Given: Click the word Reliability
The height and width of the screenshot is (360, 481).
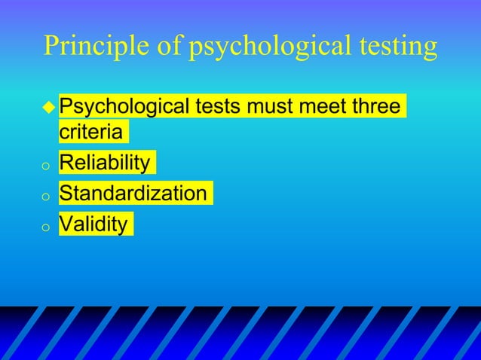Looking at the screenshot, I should coord(105,163).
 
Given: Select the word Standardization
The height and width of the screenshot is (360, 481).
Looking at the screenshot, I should coord(133,194).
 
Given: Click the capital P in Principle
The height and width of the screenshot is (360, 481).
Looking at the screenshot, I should coord(51,47).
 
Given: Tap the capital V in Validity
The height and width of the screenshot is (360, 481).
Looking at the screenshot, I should coord(66,224).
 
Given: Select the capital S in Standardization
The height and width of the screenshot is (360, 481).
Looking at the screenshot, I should coord(66,194).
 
